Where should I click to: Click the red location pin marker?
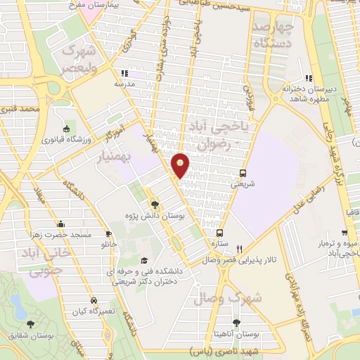point(181,165)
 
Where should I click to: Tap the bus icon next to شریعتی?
point(243,173)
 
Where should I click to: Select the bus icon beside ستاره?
point(220,233)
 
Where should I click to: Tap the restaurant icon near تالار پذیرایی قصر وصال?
point(239,248)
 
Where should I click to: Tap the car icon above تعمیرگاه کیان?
point(94,300)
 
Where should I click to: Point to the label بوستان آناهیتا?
point(236,335)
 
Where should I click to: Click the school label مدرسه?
point(124,83)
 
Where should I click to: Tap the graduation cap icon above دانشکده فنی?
point(144,241)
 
